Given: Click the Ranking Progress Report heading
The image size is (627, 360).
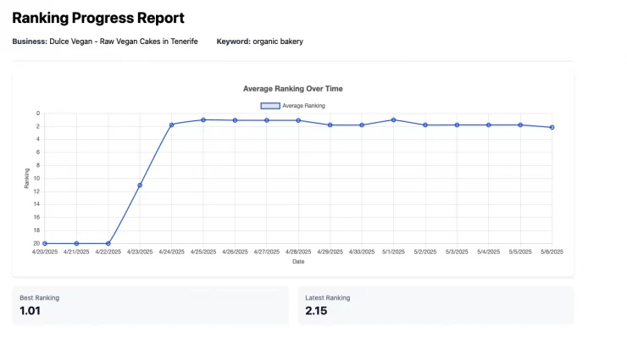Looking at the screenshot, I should [x=97, y=18].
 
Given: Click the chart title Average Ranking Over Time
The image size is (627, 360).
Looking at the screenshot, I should [x=292, y=88].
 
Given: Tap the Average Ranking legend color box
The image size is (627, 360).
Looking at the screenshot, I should [x=269, y=106].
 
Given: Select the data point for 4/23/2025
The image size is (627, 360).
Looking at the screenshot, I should [x=140, y=185].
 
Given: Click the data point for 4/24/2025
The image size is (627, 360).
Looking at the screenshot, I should [x=171, y=125].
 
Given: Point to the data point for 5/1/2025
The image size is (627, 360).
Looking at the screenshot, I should [x=393, y=120].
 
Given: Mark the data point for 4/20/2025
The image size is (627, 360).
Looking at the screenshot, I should [x=45, y=243].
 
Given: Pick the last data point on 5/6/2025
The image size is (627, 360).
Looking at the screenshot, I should [x=552, y=127].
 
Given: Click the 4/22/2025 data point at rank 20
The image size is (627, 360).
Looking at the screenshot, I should [x=108, y=243].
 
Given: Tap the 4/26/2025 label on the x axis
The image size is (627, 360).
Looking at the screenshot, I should [x=235, y=252].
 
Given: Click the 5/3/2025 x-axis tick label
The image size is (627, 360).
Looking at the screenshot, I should [x=457, y=252].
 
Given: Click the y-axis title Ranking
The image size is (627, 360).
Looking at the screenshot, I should [x=26, y=178].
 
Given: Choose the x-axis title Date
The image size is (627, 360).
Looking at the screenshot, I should [x=298, y=262].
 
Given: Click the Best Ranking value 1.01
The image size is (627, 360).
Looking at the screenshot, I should [x=31, y=311].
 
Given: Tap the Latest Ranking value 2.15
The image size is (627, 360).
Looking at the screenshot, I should [x=316, y=311].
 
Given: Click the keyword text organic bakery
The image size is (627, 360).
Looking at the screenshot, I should [x=278, y=42].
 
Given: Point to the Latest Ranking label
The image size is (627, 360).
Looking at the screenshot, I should [x=327, y=297].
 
